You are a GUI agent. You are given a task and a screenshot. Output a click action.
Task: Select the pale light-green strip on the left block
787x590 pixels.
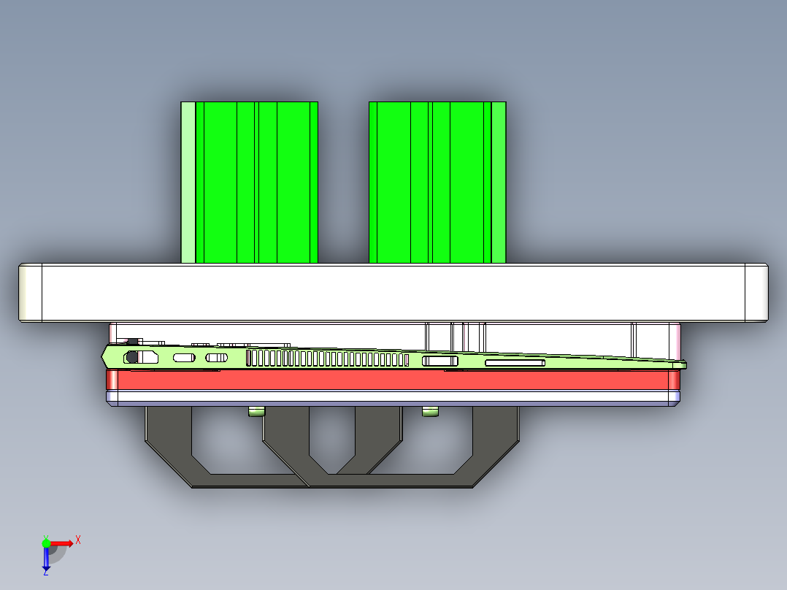click(x=188, y=183)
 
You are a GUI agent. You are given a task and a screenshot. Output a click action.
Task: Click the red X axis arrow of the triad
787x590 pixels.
click(x=65, y=543)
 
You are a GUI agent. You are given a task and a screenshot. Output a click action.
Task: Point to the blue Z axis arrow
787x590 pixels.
click(x=46, y=559)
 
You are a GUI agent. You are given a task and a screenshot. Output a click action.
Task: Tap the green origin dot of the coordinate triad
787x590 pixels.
click(x=46, y=543)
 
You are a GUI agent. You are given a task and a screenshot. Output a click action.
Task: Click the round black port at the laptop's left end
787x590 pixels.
click(x=132, y=357)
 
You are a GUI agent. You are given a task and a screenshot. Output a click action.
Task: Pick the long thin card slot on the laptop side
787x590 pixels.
click(x=515, y=362)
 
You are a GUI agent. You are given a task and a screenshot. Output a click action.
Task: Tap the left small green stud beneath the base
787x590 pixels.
click(x=256, y=413)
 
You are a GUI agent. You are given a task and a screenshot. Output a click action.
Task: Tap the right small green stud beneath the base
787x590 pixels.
click(x=431, y=413)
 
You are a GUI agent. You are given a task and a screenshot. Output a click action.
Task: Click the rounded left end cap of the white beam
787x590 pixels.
click(x=30, y=293)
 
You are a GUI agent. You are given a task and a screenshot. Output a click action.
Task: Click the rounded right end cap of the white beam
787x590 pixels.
click(x=756, y=293)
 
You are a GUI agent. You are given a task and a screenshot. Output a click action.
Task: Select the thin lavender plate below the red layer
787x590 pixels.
click(x=394, y=398)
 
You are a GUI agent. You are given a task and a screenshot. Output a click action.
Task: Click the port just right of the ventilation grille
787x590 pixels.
click(x=440, y=361)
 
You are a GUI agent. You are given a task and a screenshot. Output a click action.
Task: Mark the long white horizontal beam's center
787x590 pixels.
click(x=394, y=293)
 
